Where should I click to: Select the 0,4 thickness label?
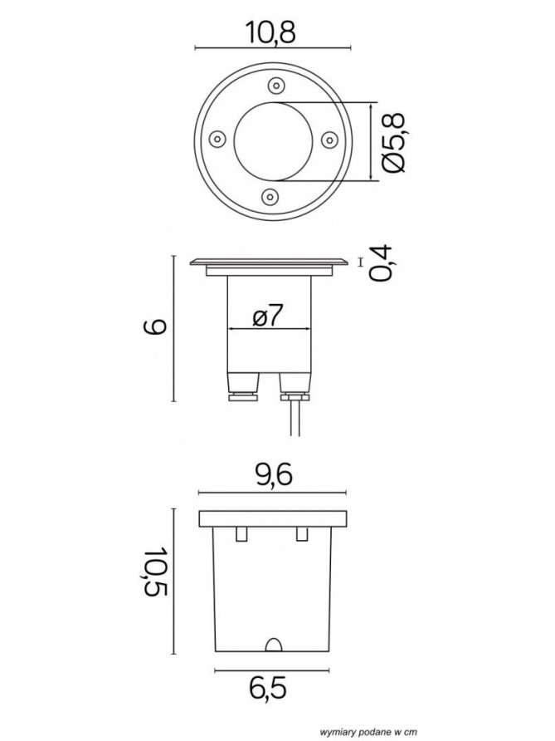(381, 263)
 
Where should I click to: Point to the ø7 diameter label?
(268, 315)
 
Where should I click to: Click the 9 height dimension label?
(155, 327)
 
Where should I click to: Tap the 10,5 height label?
(156, 572)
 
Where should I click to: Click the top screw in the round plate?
(275, 86)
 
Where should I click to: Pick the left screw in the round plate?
(217, 139)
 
